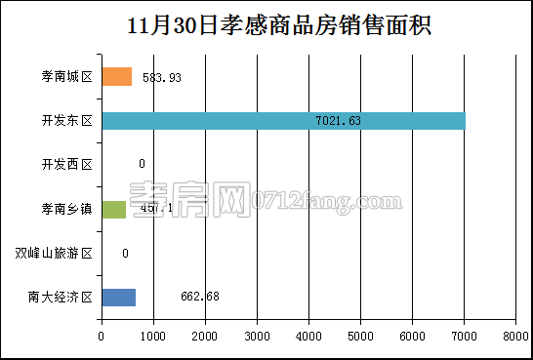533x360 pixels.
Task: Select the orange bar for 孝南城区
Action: pos(116,77)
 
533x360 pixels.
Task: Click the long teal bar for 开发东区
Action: pos(283,121)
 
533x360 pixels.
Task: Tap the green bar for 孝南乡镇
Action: pos(113,209)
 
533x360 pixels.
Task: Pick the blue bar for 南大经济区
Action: pos(118,297)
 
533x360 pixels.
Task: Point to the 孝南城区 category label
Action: pos(61,77)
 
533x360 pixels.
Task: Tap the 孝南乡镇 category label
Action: pos(61,209)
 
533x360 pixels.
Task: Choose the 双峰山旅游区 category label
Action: pos(54,254)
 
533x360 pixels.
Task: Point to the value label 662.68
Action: pos(200,297)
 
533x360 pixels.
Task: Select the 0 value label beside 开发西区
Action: pos(142,165)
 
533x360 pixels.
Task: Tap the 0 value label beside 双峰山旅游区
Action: pos(126,254)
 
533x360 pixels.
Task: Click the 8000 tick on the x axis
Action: pos(515,336)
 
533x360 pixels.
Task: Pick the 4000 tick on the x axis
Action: pos(308,336)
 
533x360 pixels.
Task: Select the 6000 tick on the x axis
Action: pos(412,336)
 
